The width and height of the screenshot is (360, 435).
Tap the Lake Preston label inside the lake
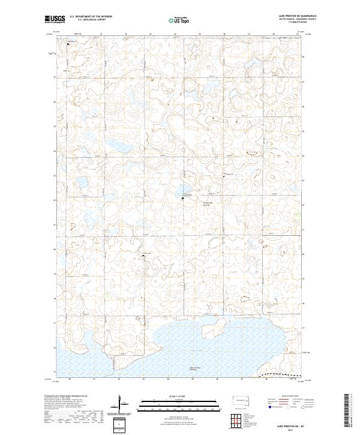point(193,368)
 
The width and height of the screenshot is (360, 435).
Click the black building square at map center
point(183,198)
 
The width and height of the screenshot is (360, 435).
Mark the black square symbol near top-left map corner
point(68,44)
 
